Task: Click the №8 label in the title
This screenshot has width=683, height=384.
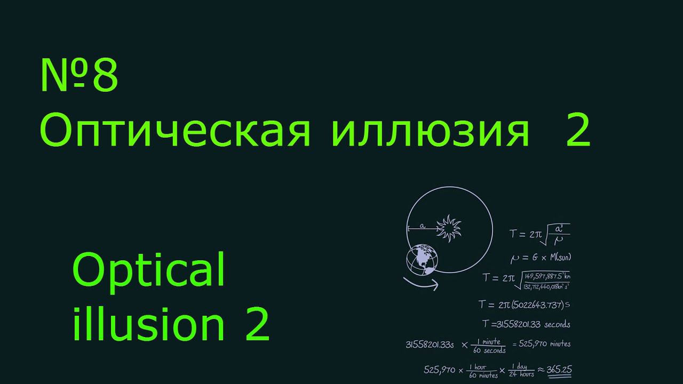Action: [x=79, y=76]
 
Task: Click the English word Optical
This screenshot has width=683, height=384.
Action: [x=149, y=270]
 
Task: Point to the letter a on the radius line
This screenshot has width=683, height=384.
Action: [x=422, y=226]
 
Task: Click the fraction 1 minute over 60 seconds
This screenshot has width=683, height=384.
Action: [x=488, y=346]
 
